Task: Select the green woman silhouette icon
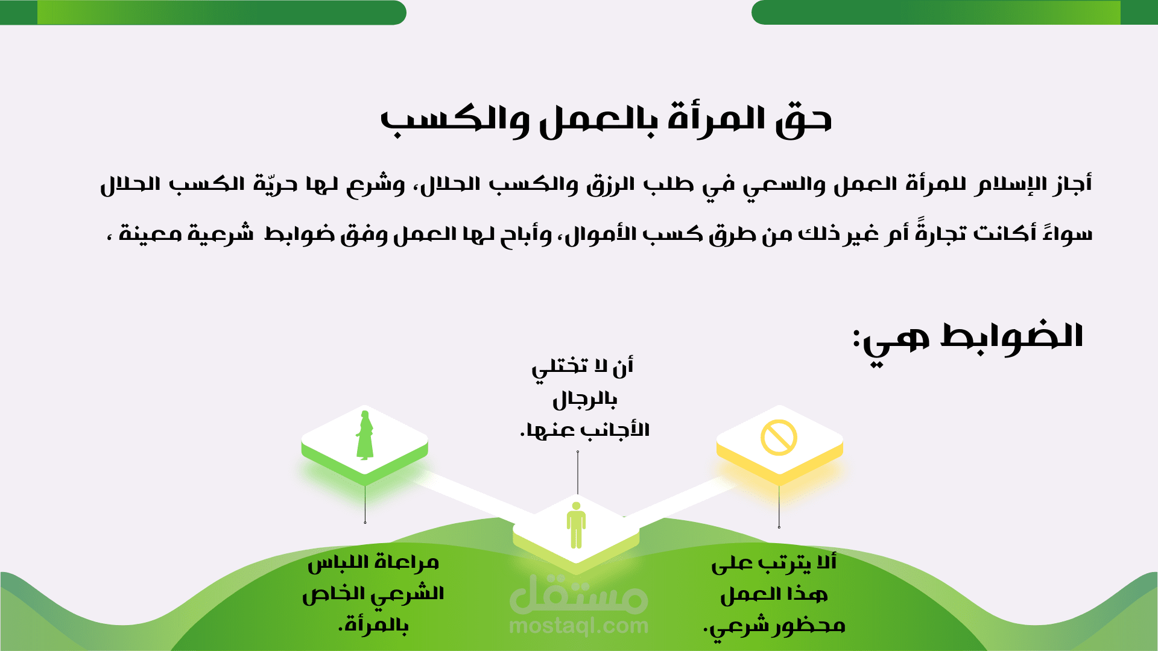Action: point(364,435)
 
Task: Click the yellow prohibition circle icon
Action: point(779,438)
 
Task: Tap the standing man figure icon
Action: point(576,525)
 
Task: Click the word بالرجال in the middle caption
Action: point(584,399)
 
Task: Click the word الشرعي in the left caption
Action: point(407,595)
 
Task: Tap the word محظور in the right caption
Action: point(809,626)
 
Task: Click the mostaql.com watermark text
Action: point(578,626)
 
